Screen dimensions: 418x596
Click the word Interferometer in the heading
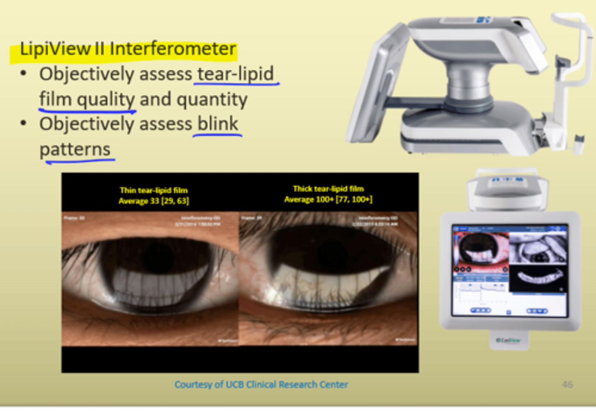[173, 49]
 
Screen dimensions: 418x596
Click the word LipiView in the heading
[55, 49]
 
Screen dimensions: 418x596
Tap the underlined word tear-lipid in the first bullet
[236, 74]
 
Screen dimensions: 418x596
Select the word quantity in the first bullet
[212, 99]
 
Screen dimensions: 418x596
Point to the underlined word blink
[218, 124]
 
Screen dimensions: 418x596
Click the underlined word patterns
[75, 149]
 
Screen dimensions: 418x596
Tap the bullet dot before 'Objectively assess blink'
[24, 123]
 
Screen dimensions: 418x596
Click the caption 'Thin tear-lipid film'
[154, 190]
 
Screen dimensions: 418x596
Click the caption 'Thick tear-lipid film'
[328, 189]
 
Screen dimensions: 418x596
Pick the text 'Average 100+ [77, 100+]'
[328, 199]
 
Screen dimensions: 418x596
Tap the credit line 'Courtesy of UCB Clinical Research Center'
[261, 384]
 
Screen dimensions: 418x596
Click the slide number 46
[567, 384]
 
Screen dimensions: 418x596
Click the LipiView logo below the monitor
[508, 341]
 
